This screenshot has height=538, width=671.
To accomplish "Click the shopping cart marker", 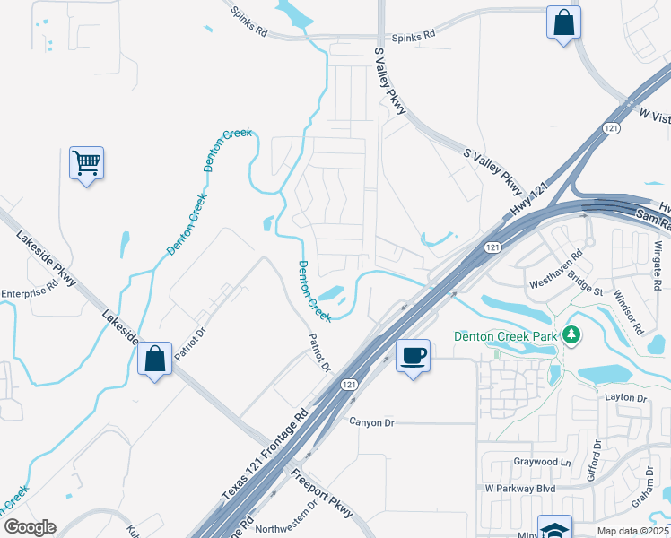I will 87,163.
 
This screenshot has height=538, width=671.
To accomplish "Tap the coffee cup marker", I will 413,355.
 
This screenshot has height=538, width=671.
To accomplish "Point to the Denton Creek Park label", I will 505,337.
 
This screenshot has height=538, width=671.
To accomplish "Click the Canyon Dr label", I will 371,422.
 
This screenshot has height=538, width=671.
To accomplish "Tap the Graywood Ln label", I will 542,463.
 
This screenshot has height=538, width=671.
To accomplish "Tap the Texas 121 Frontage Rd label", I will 265,456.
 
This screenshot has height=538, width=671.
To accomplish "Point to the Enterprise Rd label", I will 29,291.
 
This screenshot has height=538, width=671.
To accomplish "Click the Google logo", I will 29,527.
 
